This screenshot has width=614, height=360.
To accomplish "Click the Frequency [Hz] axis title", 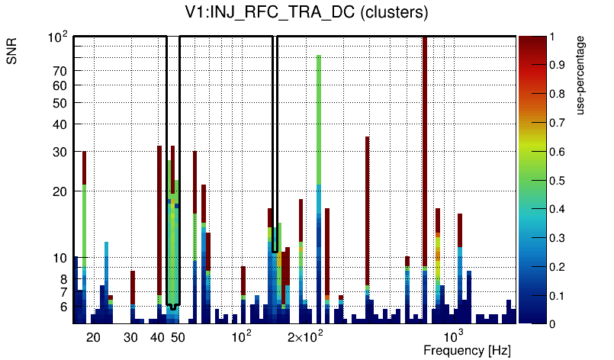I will point(467,351).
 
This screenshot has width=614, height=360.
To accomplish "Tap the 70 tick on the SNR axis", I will point(61,71).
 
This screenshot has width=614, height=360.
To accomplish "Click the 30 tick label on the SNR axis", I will point(61,152).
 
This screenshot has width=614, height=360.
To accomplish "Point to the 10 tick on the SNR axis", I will point(61,258).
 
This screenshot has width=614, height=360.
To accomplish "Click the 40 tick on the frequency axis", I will point(157,336).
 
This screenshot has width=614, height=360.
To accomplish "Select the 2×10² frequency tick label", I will point(306,336).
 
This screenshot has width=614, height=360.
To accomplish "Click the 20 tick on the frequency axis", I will point(93,336).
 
